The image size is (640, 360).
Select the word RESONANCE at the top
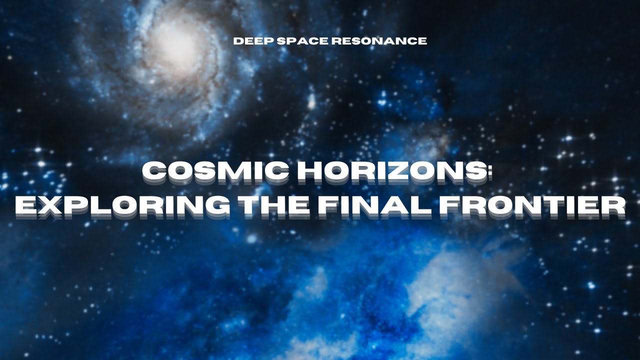point(378,41)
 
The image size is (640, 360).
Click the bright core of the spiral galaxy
point(175,44)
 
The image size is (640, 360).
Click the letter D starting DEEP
point(237,41)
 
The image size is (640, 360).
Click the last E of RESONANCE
point(423,41)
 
